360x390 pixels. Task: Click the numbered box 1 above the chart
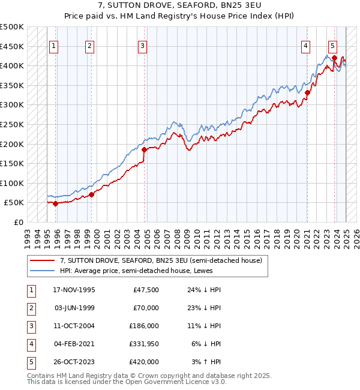[54, 46]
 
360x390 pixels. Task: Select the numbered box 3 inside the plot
[142, 46]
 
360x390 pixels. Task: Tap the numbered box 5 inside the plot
[332, 46]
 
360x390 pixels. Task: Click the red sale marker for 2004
[145, 149]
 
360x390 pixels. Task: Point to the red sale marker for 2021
[307, 92]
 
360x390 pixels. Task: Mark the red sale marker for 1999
[92, 194]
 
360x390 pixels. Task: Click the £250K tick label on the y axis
[12, 124]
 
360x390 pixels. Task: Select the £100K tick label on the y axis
[12, 183]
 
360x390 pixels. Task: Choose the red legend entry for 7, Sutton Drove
[161, 261]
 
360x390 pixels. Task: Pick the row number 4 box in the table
[31, 344]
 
